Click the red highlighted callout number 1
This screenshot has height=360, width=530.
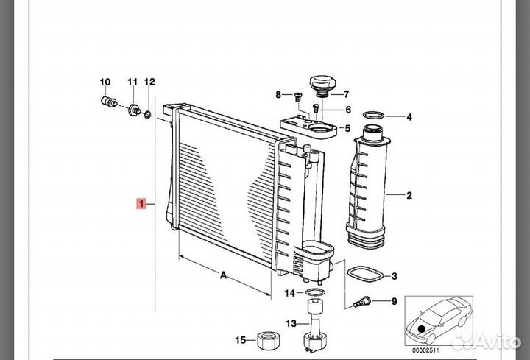pyautogui.click(x=141, y=204)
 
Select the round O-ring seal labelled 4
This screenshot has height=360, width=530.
pyautogui.click(x=373, y=116)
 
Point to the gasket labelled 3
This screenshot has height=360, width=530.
pyautogui.click(x=364, y=274)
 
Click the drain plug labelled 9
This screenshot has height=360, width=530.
pyautogui.click(x=361, y=301)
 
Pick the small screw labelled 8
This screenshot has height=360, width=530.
pyautogui.click(x=298, y=96)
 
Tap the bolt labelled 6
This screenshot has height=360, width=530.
pyautogui.click(x=316, y=108)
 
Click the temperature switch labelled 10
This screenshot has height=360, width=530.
pyautogui.click(x=109, y=101)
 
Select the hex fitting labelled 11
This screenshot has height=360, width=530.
pyautogui.click(x=134, y=110)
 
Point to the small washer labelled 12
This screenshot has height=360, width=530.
pyautogui.click(x=148, y=115)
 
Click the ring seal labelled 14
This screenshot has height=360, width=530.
pyautogui.click(x=315, y=292)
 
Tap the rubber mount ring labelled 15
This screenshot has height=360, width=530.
pyautogui.click(x=269, y=340)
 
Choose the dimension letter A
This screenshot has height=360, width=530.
pyautogui.click(x=223, y=275)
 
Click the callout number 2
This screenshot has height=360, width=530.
pyautogui.click(x=409, y=195)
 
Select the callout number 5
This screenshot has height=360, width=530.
pyautogui.click(x=347, y=128)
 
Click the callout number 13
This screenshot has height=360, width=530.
pyautogui.click(x=291, y=323)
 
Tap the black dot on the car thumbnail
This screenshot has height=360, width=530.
pyautogui.click(x=421, y=328)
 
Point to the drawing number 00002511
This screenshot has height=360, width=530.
pyautogui.click(x=425, y=350)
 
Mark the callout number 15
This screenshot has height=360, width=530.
pyautogui.click(x=240, y=339)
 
